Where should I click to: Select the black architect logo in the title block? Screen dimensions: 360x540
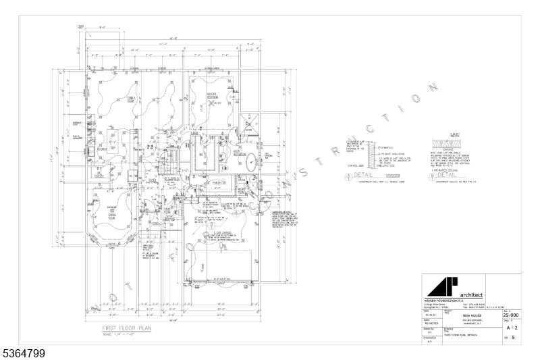[446, 284]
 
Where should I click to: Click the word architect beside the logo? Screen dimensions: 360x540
[470, 294]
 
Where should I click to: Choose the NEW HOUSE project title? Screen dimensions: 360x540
[471, 315]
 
